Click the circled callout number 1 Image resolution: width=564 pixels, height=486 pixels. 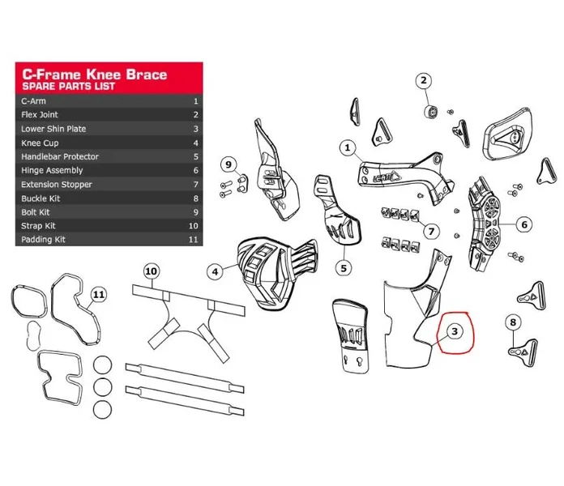347,147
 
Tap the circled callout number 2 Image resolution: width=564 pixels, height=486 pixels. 424,80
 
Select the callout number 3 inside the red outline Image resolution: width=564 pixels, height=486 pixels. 455,331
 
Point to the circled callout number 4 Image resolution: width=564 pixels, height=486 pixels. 215,272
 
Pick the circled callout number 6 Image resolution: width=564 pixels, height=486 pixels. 524,224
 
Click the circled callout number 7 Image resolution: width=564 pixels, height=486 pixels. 431,231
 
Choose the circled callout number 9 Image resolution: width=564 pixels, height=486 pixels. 229,164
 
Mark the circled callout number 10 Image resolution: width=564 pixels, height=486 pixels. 151,271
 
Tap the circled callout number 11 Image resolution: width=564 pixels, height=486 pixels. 99,295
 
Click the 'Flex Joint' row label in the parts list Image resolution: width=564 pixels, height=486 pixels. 40,115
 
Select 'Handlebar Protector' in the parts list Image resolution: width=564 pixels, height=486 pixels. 60,156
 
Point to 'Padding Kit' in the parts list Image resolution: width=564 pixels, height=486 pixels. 43,240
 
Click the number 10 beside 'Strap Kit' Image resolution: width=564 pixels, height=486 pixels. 193,226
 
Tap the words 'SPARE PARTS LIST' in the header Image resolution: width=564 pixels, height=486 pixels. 68,87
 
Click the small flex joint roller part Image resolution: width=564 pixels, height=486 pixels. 431,112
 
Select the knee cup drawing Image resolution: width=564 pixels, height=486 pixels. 276,272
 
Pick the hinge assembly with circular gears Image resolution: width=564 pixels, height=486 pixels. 484,224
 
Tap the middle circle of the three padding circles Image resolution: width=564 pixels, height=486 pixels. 103,387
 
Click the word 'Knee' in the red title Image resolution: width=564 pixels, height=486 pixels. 105,75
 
